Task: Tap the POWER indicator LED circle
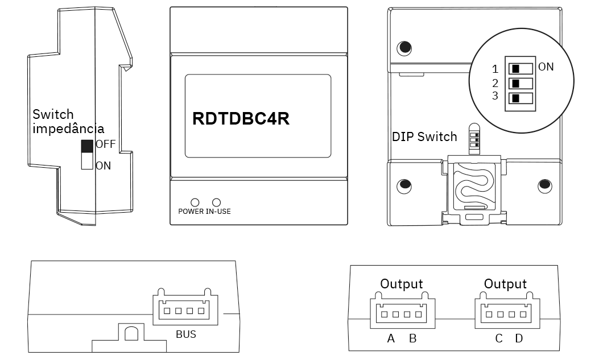(x=195, y=202)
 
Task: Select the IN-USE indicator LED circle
(x=216, y=202)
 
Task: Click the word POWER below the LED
(x=191, y=212)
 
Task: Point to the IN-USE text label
(x=218, y=212)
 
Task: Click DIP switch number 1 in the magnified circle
(x=521, y=69)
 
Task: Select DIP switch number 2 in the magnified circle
(x=521, y=84)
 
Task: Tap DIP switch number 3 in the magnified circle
(x=521, y=98)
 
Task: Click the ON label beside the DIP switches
(x=546, y=67)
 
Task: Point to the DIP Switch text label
(x=424, y=137)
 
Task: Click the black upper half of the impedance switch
(x=88, y=146)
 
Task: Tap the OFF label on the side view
(x=105, y=144)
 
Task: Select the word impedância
(x=68, y=129)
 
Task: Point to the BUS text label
(x=185, y=334)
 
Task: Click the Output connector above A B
(x=402, y=313)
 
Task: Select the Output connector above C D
(x=505, y=313)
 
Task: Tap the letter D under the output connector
(x=519, y=339)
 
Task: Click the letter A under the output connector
(x=391, y=339)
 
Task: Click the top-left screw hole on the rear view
(x=404, y=48)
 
